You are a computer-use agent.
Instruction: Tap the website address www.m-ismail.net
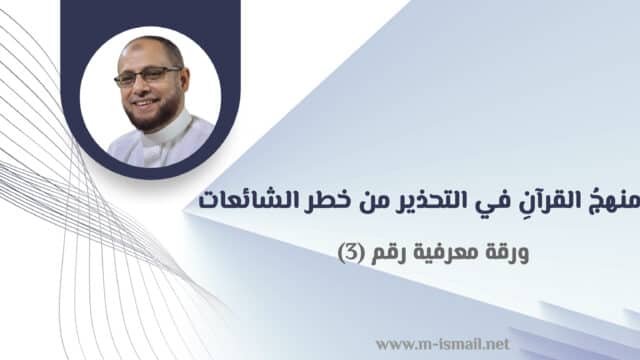coord(442,344)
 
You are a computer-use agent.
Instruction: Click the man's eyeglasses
coord(149,77)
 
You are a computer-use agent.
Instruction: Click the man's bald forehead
coord(148,53)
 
